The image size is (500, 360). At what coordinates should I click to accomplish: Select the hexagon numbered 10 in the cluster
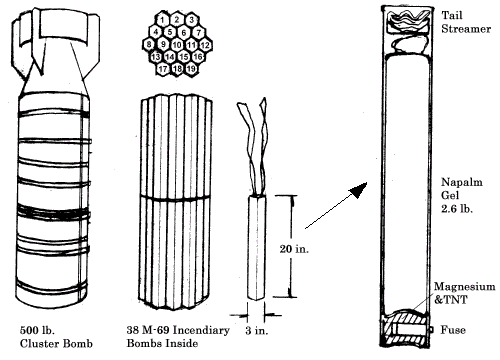(176, 45)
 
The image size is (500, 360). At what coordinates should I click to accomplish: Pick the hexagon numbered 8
(150, 45)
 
